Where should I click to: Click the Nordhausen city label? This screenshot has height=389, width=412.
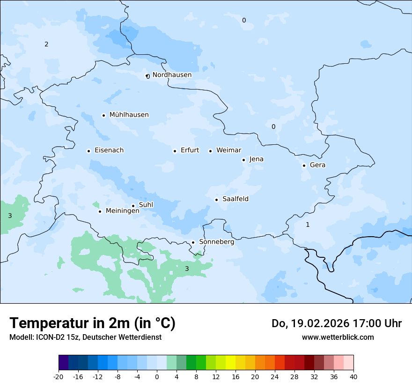pyautogui.click(x=172, y=75)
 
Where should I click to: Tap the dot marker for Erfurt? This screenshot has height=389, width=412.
pyautogui.click(x=175, y=151)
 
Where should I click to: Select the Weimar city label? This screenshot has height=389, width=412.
pyautogui.click(x=228, y=150)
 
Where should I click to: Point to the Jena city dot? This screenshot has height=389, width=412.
pyautogui.click(x=243, y=160)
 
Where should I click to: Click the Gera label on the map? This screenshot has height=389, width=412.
pyautogui.click(x=317, y=165)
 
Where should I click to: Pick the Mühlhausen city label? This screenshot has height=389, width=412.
pyautogui.click(x=129, y=115)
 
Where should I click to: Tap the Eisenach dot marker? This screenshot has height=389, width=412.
pyautogui.click(x=88, y=151)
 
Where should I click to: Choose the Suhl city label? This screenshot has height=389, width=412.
pyautogui.click(x=146, y=205)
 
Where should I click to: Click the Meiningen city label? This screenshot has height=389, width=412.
pyautogui.click(x=122, y=211)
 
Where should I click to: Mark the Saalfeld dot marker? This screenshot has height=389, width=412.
pyautogui.click(x=216, y=200)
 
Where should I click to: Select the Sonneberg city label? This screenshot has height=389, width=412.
pyautogui.click(x=216, y=242)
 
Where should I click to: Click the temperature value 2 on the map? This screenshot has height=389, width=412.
pyautogui.click(x=46, y=45)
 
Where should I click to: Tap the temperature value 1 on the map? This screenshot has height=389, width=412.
pyautogui.click(x=308, y=224)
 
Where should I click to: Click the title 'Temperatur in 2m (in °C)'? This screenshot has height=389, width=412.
pyautogui.click(x=92, y=323)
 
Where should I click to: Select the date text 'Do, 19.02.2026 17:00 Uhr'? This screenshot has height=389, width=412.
pyautogui.click(x=337, y=323)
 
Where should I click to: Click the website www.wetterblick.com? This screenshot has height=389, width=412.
pyautogui.click(x=338, y=337)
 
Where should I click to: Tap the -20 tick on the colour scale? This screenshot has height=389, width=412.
pyautogui.click(x=59, y=376)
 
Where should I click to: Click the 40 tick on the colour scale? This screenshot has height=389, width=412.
pyautogui.click(x=353, y=376)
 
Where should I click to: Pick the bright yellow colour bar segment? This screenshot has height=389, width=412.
pyautogui.click(x=230, y=363)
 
